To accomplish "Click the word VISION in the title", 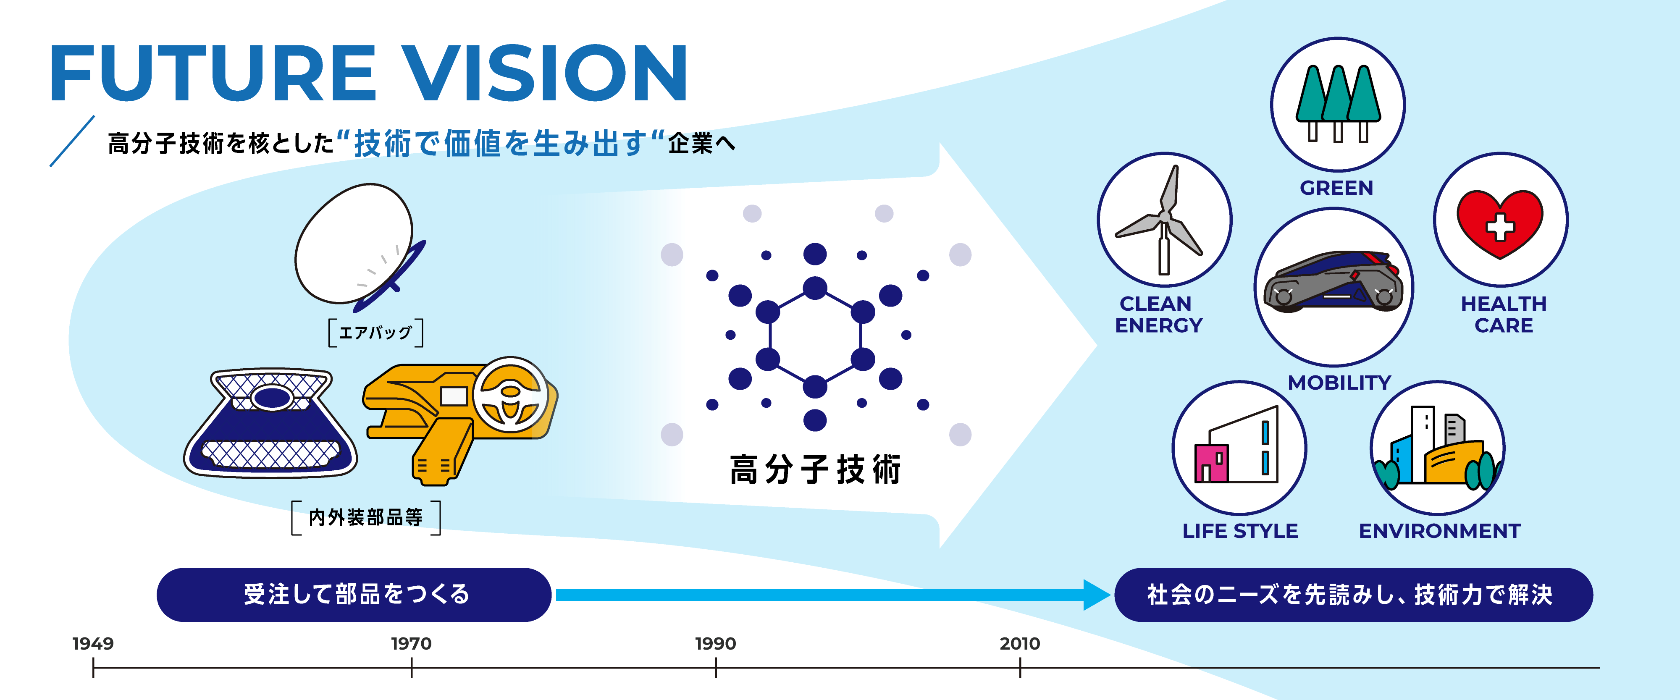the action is click(545, 73).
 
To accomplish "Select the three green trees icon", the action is click(1338, 103).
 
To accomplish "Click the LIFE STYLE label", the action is click(1240, 531).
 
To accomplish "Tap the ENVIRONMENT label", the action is click(1439, 531).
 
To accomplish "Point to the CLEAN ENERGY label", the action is click(1158, 314).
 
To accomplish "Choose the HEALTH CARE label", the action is click(1503, 314).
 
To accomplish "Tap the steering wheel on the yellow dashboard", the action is click(510, 394).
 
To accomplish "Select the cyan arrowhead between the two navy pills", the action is click(1096, 595).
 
